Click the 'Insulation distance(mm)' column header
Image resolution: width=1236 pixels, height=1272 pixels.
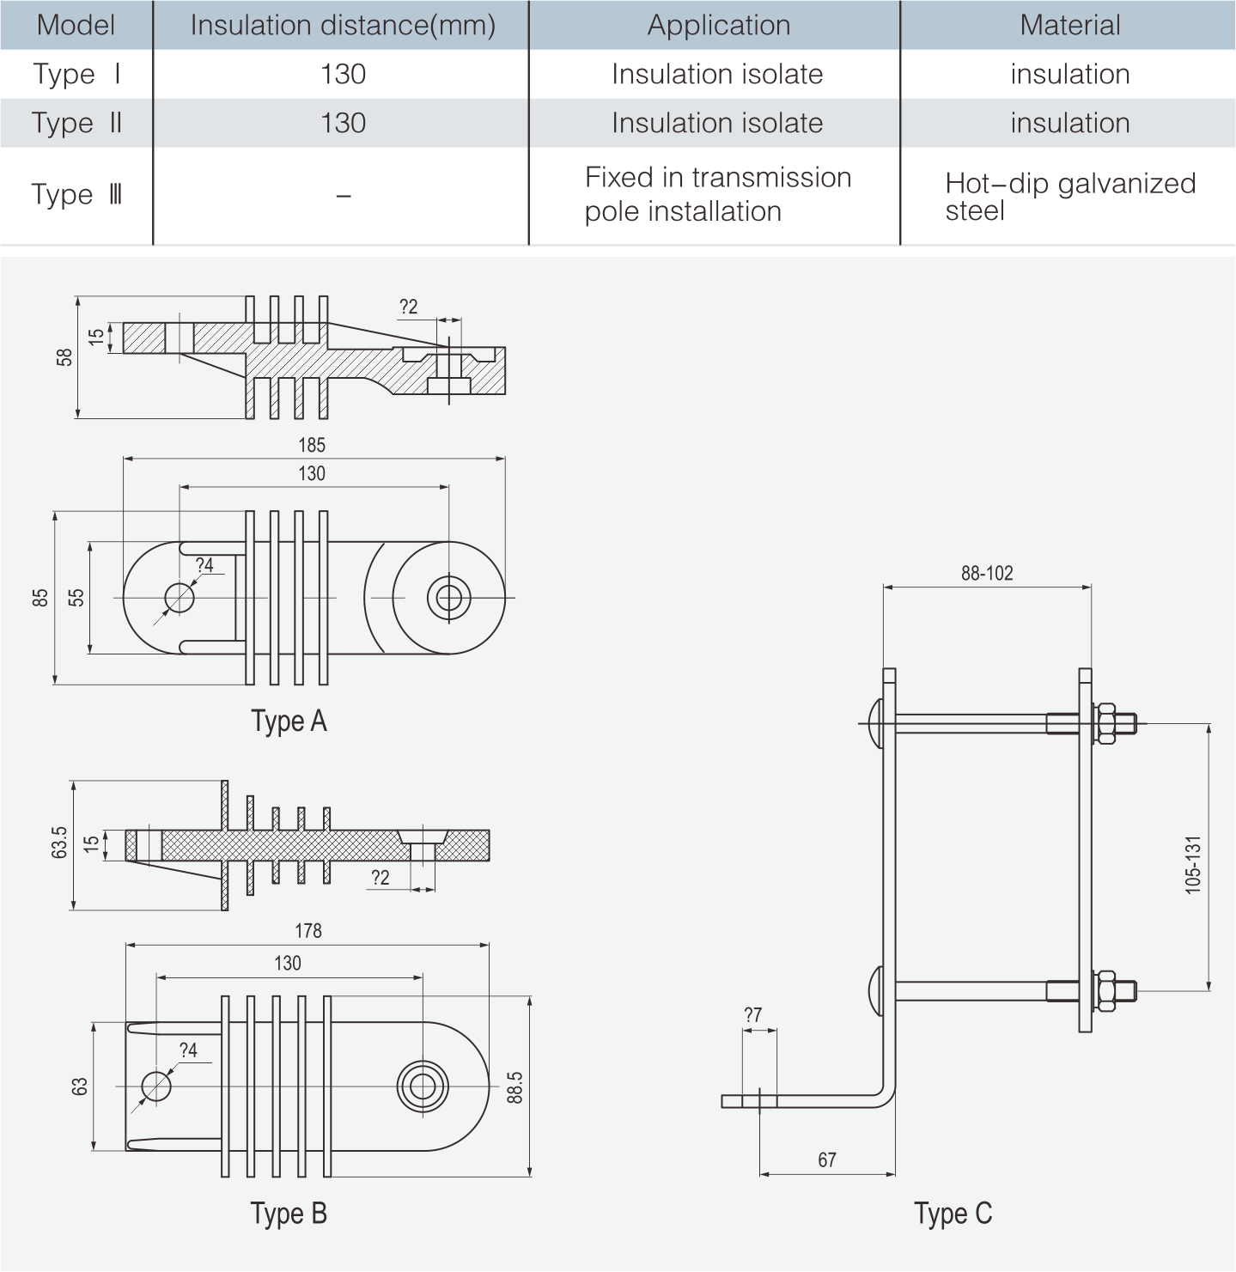[x=342, y=25]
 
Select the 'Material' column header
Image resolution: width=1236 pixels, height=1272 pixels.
[x=1069, y=25]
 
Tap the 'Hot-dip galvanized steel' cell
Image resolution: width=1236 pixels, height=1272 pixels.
[x=1069, y=197]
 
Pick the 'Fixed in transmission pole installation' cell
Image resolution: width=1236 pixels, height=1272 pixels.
[x=716, y=195]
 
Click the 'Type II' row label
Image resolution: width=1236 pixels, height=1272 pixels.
[x=76, y=123]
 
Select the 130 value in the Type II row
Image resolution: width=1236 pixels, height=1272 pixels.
[x=343, y=123]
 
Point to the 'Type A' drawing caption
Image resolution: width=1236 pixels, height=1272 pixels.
[x=289, y=721]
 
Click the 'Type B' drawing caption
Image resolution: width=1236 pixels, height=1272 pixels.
[x=289, y=1214]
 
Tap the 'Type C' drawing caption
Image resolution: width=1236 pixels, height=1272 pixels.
[x=953, y=1214]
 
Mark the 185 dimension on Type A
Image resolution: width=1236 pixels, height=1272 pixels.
[x=312, y=445]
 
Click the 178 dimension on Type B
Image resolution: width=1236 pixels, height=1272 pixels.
[x=308, y=931]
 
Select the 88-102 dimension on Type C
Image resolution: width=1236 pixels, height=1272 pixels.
[x=987, y=573]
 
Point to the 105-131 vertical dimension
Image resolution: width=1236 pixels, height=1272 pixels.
[x=1193, y=865]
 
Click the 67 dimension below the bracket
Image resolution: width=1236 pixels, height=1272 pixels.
[x=827, y=1160]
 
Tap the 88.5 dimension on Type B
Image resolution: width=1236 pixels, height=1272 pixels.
[x=514, y=1086]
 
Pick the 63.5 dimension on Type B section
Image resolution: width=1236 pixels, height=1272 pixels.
[x=59, y=843]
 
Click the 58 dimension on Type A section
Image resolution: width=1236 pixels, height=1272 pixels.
[x=64, y=357]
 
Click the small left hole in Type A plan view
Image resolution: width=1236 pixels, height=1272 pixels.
[x=180, y=597]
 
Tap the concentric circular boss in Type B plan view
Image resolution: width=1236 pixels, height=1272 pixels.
[x=423, y=1086]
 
